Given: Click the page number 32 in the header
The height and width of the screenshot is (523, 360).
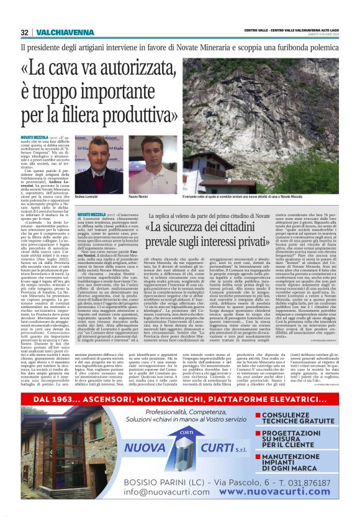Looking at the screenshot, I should coord(24,32).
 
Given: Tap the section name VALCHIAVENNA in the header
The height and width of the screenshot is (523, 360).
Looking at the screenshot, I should coord(55,32).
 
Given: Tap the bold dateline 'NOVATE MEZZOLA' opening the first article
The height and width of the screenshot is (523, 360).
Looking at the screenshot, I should coord(35,136).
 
